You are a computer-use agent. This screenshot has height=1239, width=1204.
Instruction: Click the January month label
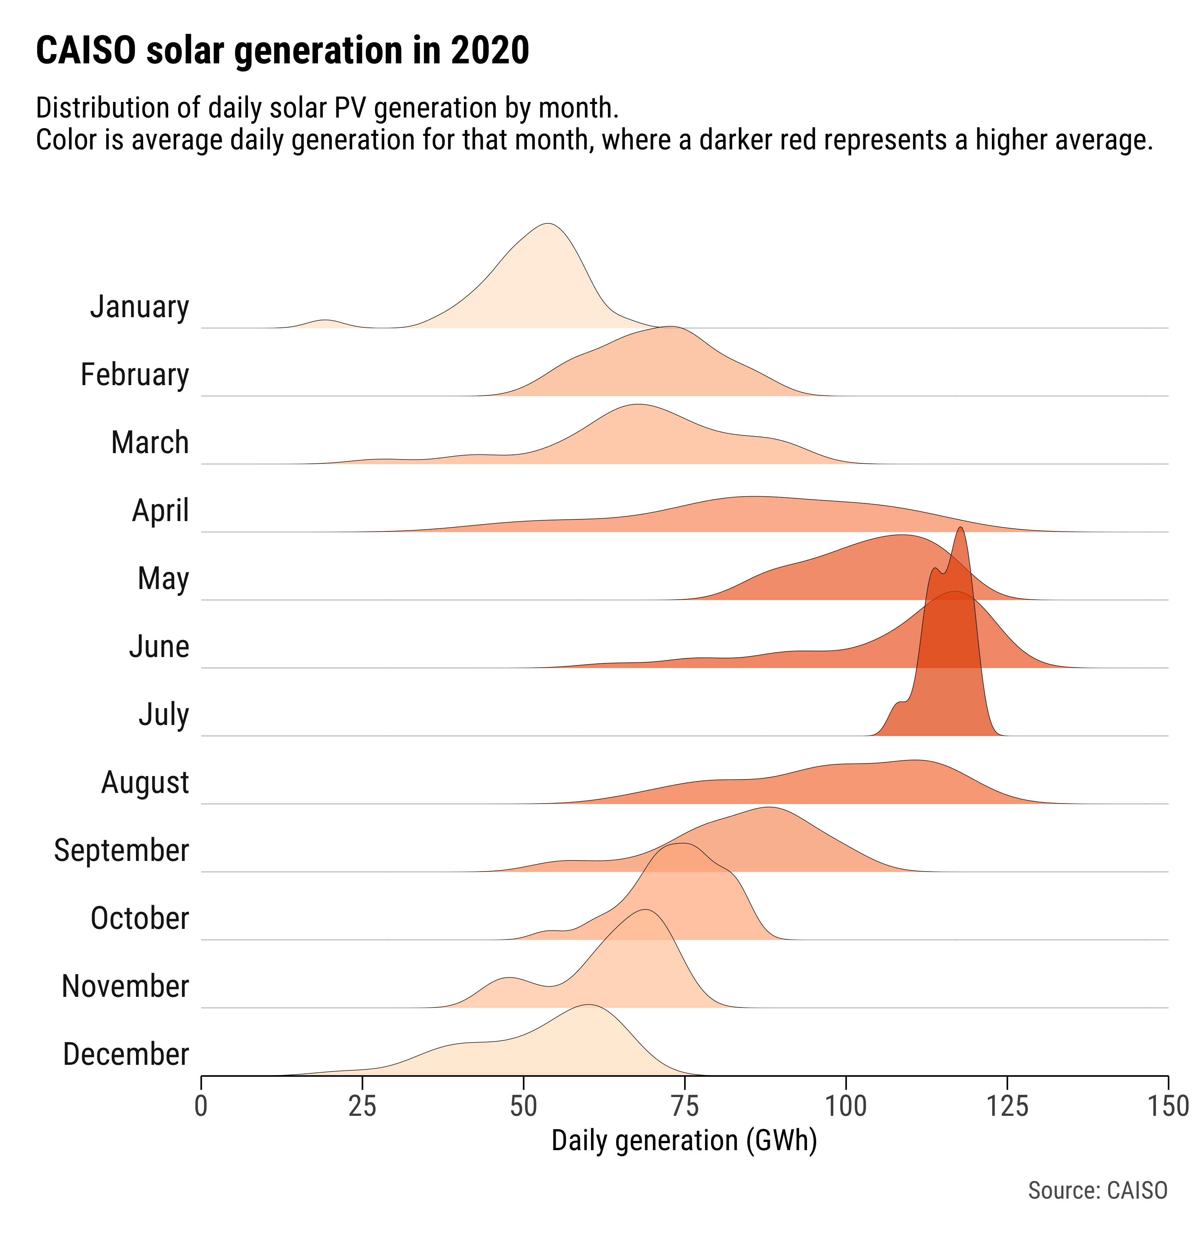coord(140,307)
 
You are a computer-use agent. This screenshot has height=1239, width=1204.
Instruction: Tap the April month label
coord(161,511)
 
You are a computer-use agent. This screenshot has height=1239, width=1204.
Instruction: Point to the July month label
coord(164,715)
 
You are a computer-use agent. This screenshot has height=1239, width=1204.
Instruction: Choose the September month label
coord(121,851)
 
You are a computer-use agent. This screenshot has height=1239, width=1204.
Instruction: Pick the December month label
coord(126,1055)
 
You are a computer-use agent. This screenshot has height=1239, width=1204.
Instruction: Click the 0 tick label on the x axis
coord(201,1106)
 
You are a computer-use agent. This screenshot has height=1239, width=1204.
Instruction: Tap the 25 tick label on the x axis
coord(362,1106)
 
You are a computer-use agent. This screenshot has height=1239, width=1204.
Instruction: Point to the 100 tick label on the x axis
coord(846,1106)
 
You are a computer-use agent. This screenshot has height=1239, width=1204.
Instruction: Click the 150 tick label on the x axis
coord(1167,1106)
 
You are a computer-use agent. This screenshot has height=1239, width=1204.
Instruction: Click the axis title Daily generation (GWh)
coord(684,1141)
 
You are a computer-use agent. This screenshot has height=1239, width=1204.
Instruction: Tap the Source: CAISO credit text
coord(1098,1190)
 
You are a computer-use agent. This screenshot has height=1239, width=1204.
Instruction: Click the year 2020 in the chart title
coord(490,51)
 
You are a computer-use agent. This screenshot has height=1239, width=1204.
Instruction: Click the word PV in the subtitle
coord(352,109)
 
